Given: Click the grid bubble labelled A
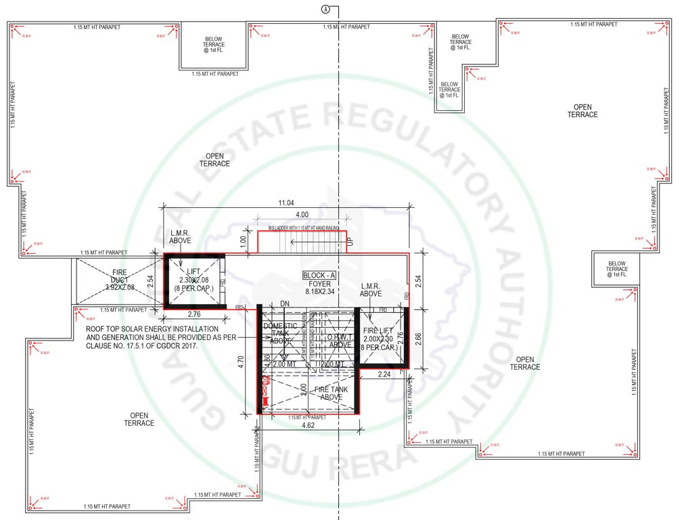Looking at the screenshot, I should pos(326,9).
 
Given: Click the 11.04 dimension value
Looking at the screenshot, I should pos(287,203).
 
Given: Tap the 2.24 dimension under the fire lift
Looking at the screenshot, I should pos(384,374).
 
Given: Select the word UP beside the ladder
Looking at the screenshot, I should pos(350,241).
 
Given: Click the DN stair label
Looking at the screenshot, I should pos(285,303).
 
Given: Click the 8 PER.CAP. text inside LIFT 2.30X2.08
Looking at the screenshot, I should pos(194,288).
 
